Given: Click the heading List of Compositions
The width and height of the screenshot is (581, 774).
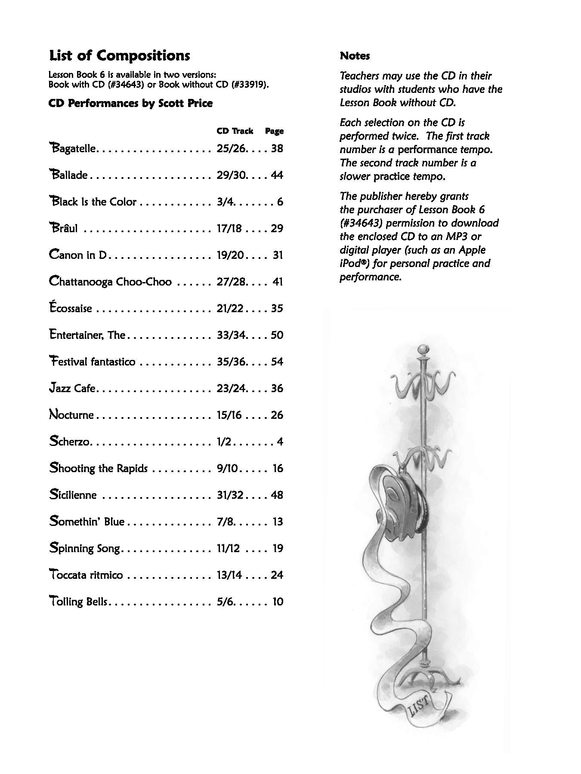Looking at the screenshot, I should tap(120, 56).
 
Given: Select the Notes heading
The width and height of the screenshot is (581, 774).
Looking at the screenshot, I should tap(355, 56).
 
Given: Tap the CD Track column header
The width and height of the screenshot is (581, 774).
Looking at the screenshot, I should tap(235, 131).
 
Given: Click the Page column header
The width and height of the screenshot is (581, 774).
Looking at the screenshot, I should tap(274, 131).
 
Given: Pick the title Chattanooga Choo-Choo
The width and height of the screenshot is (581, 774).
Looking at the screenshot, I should tap(110, 282).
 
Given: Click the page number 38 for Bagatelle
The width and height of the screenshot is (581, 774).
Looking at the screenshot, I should tap(277, 148).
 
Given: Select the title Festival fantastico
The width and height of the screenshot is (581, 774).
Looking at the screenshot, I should tap(92, 362).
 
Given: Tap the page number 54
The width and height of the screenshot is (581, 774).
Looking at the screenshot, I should tap(277, 362).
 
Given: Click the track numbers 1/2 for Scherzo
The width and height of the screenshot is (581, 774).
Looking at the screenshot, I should tap(224, 442).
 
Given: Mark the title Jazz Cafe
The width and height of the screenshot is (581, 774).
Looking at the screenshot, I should tap(72, 388).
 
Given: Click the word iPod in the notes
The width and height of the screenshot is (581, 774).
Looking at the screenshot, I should tap(352, 263).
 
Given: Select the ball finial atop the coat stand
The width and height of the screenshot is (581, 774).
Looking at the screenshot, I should tap(424, 348).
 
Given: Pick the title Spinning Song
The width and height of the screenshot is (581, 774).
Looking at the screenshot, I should tap(86, 548).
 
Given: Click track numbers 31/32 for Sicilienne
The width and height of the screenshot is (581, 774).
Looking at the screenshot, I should tap(230, 495).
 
